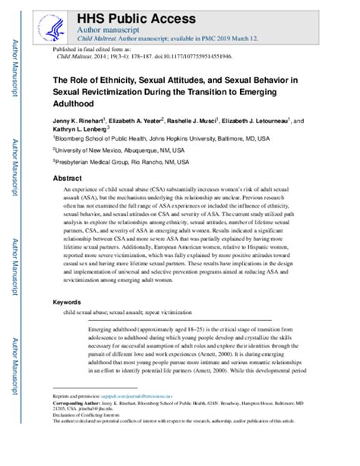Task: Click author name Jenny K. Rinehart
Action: click(81, 121)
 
